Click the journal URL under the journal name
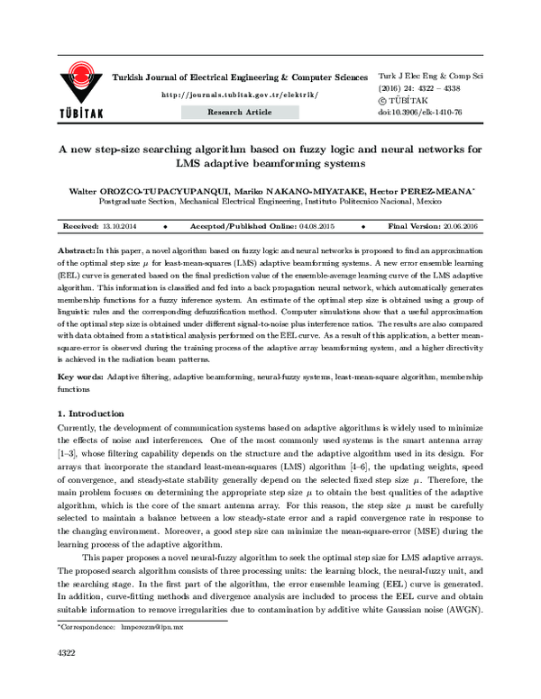coord(237,94)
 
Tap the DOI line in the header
coord(434,112)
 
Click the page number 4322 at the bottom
coord(67,675)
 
